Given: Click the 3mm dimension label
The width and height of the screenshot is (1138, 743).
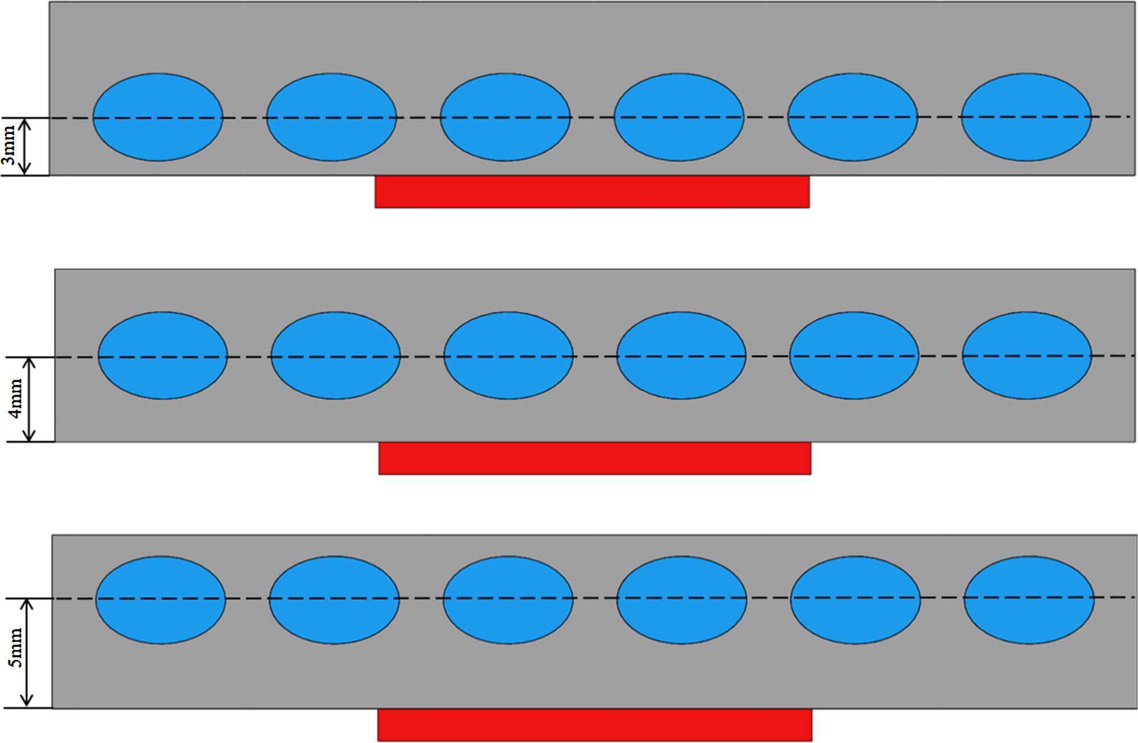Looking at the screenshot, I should tap(9, 146).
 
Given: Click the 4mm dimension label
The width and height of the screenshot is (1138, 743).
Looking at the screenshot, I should tap(16, 399).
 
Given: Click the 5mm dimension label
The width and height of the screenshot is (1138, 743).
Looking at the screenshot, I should tap(15, 647).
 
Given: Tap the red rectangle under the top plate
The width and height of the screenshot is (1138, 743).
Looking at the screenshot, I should tap(592, 192).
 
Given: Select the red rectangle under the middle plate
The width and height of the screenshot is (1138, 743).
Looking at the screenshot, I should tap(595, 458).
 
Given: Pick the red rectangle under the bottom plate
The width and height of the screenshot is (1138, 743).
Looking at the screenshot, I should tap(595, 725).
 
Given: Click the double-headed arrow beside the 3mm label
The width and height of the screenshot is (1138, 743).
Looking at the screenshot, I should tap(24, 146).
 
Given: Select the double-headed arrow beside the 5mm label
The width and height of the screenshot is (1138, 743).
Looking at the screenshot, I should tap(27, 653).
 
